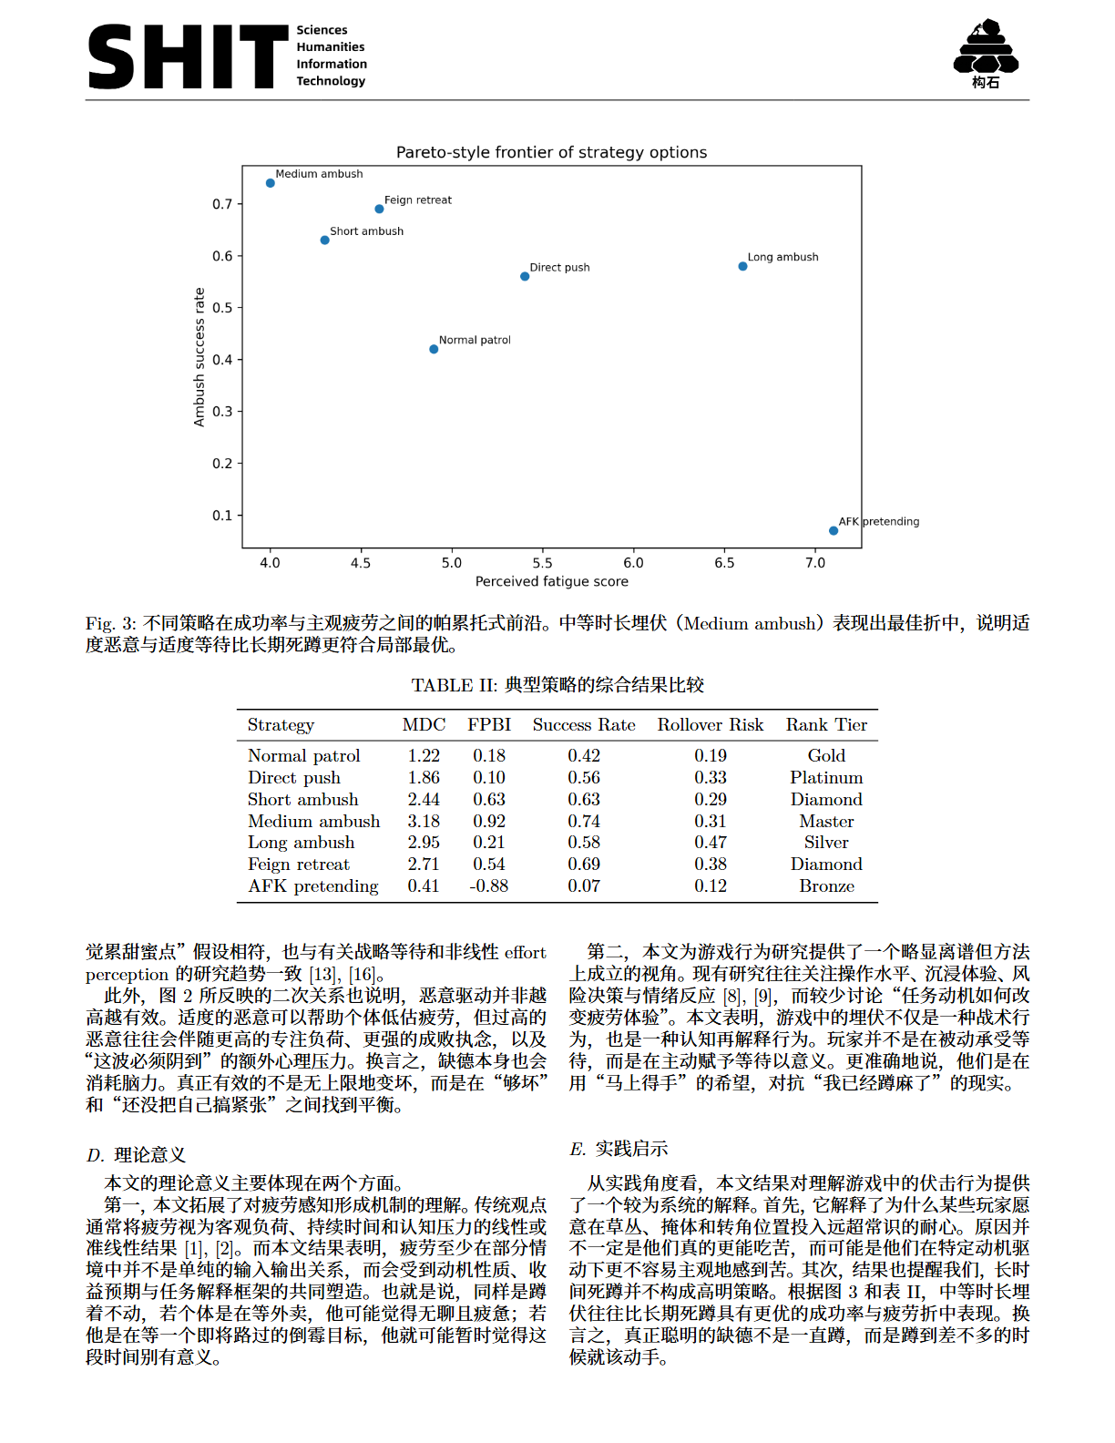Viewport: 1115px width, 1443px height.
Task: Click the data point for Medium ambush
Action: pyautogui.click(x=271, y=183)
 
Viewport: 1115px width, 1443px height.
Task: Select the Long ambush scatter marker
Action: pyautogui.click(x=742, y=266)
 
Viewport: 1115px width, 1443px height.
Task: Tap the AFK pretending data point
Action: pyautogui.click(x=834, y=530)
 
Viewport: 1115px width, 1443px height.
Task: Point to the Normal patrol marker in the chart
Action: pyautogui.click(x=434, y=349)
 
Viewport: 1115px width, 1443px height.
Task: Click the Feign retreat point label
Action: pyautogui.click(x=417, y=200)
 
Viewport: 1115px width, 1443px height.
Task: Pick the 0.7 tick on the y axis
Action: pyautogui.click(x=222, y=204)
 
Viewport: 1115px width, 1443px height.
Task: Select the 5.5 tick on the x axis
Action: pyautogui.click(x=542, y=563)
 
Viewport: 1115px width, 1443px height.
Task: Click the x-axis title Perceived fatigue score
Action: pyautogui.click(x=551, y=581)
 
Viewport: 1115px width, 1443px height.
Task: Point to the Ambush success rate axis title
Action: pyautogui.click(x=199, y=357)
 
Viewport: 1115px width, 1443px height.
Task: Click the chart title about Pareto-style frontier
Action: pyautogui.click(x=551, y=152)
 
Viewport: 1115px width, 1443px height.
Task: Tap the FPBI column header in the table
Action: pyautogui.click(x=489, y=725)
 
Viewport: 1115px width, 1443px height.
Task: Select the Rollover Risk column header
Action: pyautogui.click(x=710, y=725)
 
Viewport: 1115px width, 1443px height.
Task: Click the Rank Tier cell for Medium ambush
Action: pyautogui.click(x=826, y=821)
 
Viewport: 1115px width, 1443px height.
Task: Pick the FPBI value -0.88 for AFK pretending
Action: pyautogui.click(x=489, y=886)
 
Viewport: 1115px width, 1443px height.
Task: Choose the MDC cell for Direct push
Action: pyautogui.click(x=424, y=778)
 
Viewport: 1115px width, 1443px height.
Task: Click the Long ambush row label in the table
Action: pyautogui.click(x=301, y=843)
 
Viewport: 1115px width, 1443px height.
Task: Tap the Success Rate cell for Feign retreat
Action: pyautogui.click(x=584, y=865)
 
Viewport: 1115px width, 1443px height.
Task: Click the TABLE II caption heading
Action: pyautogui.click(x=557, y=685)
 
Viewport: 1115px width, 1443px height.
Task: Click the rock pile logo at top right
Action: pyautogui.click(x=986, y=53)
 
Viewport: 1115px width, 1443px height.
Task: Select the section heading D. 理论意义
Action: pyautogui.click(x=137, y=1155)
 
